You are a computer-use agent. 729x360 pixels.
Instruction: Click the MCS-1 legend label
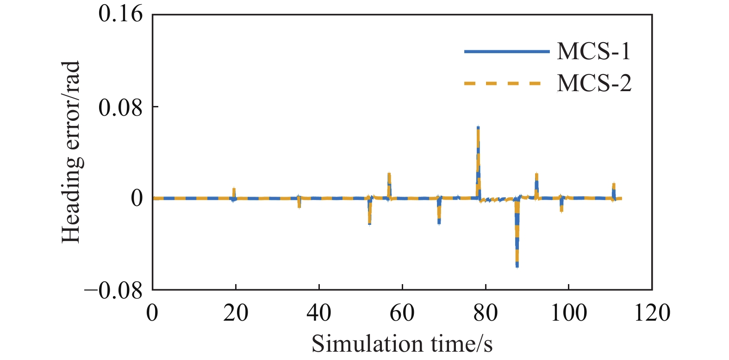(x=594, y=51)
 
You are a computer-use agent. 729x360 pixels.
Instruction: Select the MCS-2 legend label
(x=594, y=84)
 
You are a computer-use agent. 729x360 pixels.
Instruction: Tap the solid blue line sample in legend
(x=506, y=51)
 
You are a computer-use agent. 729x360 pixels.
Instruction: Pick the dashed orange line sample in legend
(x=503, y=84)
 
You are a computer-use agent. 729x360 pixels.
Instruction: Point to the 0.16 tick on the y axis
(x=121, y=14)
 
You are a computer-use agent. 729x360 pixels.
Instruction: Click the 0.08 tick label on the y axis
(x=121, y=107)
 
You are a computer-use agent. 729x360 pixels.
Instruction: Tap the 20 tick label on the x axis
(x=236, y=313)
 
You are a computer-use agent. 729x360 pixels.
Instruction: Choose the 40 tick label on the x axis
(x=319, y=313)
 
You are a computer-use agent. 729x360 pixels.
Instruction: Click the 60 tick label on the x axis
(x=402, y=313)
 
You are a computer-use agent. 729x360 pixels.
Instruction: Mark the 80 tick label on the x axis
(x=486, y=313)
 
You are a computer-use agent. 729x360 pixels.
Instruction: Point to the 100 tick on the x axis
(x=568, y=313)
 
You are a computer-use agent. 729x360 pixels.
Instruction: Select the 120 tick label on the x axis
(x=652, y=313)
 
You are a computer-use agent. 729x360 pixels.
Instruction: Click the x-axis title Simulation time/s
(x=402, y=344)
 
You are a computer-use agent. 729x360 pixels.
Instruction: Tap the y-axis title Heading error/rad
(x=72, y=152)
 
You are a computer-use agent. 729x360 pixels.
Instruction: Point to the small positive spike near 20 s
(x=234, y=190)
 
